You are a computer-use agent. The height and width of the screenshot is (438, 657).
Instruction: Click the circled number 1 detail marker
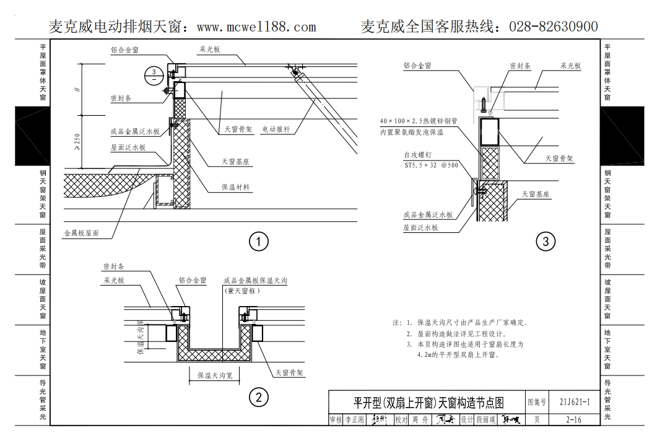point(258,241)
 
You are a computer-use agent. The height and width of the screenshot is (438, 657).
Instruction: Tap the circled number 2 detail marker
point(258,397)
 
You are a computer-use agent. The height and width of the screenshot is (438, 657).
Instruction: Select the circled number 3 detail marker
point(545,241)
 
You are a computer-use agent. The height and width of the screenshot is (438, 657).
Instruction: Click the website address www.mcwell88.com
point(256,27)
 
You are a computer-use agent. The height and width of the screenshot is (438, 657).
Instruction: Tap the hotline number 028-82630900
point(553,27)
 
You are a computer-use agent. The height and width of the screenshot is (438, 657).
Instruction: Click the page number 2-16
point(573,419)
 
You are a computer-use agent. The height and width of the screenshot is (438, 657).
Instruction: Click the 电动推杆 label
point(276,129)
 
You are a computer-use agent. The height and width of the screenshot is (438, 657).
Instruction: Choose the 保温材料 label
point(236,187)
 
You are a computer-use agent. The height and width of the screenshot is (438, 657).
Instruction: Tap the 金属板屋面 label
point(81,234)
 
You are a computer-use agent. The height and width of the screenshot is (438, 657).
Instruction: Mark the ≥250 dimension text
point(77,141)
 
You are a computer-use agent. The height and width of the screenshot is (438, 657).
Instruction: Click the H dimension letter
point(77,90)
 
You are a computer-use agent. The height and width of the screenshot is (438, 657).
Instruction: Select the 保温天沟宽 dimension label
point(215,375)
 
